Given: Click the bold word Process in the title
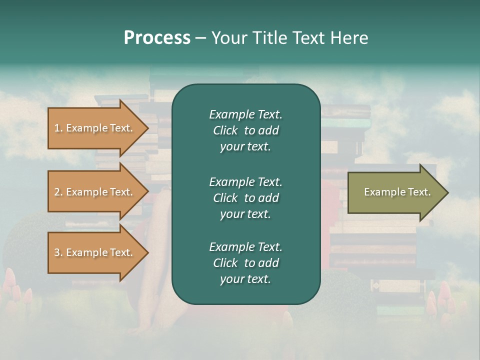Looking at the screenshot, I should coord(157,38).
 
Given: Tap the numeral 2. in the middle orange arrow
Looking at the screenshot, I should coord(58,192).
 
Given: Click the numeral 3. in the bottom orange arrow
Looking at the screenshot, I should coord(58,252).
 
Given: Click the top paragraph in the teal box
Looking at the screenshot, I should coord(245,130).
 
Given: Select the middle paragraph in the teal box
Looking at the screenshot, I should coord(245,197).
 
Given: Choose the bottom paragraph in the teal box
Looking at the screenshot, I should coord(245,263).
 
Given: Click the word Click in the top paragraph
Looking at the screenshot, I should coord(225,130).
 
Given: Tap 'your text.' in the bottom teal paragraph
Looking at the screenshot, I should coord(245,279).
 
